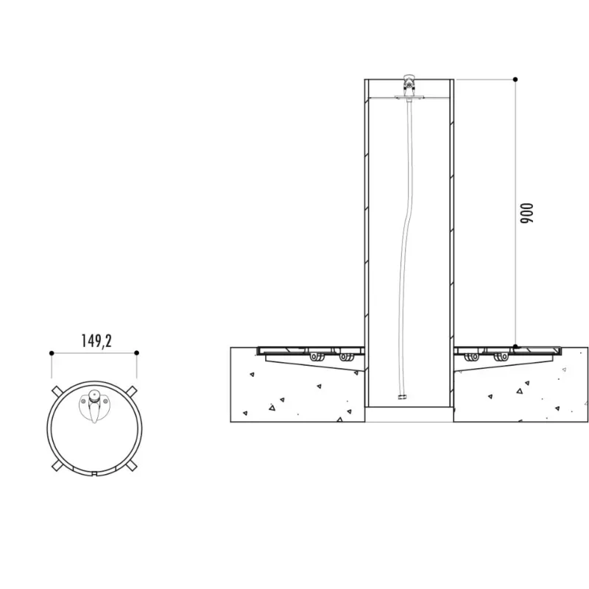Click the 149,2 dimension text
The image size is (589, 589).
pos(96,341)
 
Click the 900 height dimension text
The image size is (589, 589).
pos(526,214)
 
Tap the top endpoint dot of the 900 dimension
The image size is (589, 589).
pos(515,80)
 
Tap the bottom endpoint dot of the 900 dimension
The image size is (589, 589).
pos(515,346)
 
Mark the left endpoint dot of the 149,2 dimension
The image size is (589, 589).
pos(52,353)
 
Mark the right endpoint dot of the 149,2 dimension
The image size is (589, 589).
pos(137,353)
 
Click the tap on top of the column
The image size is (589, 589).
pos(409,85)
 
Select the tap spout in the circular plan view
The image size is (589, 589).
pos(94,413)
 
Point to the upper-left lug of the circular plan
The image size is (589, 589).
pos(57,391)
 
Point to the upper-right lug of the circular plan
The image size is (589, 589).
pos(131,391)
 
